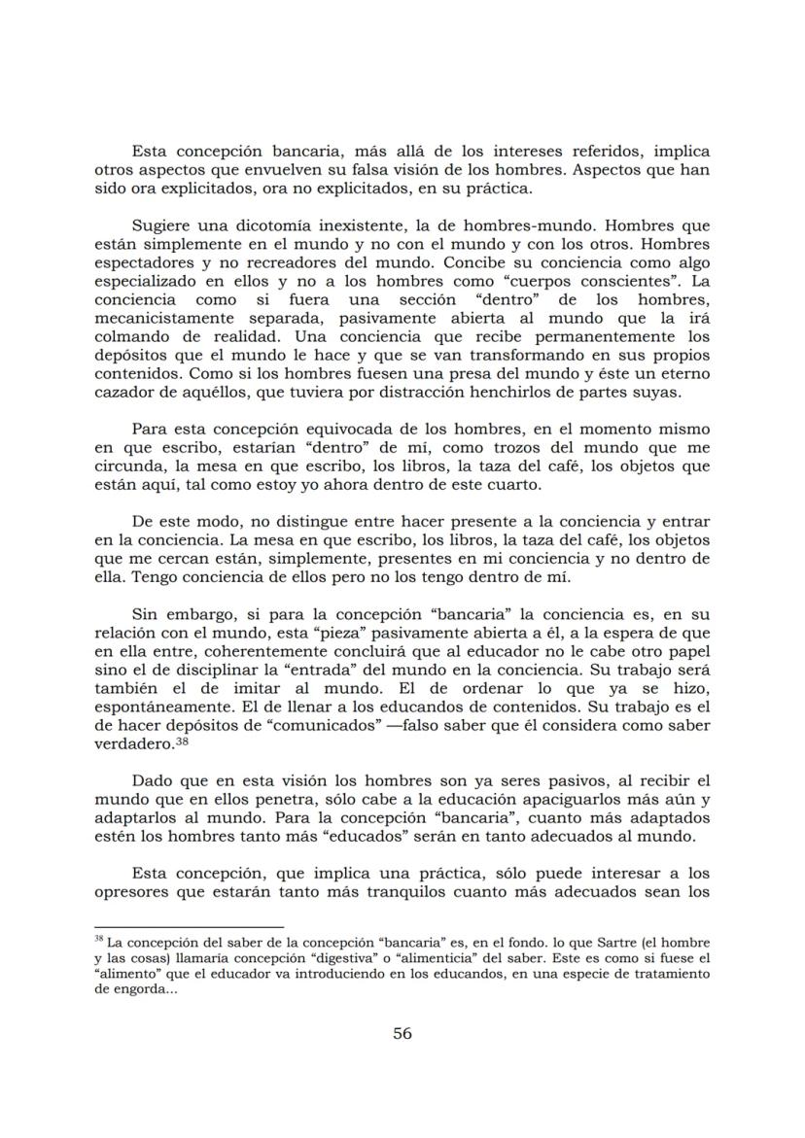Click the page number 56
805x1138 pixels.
click(402, 1033)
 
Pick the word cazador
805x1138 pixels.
click(123, 392)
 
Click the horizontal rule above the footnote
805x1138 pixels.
click(189, 927)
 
